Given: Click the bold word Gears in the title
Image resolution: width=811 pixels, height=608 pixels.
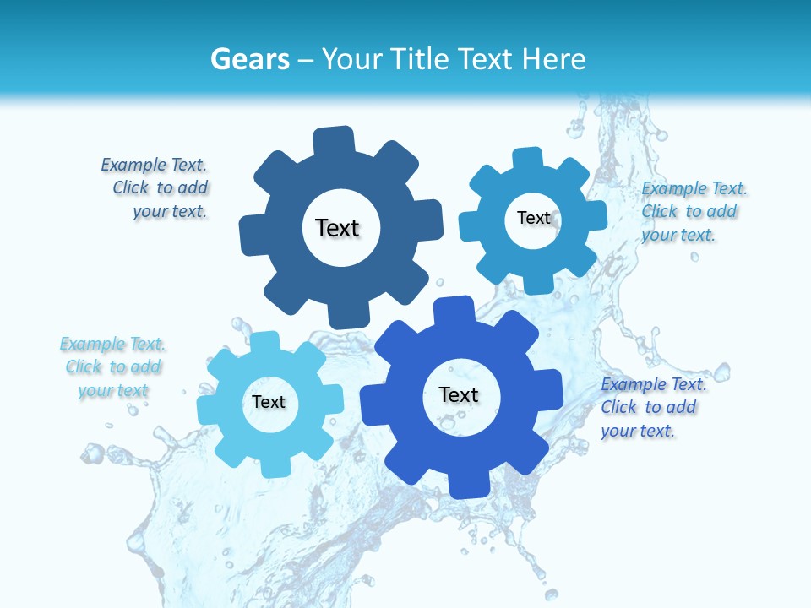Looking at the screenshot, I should [250, 59].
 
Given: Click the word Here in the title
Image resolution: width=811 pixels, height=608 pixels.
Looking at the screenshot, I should [553, 59].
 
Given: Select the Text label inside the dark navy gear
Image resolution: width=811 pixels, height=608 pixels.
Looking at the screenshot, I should [338, 228].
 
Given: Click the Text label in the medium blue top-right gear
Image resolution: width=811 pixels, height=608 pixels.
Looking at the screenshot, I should [534, 218].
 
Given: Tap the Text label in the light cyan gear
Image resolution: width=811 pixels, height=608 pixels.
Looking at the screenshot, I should [269, 403].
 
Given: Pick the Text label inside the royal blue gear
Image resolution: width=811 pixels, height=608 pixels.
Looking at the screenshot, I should [459, 394].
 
